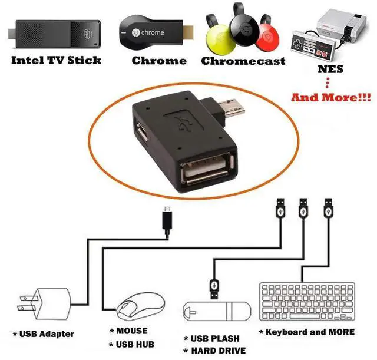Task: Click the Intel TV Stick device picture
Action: coord(56,32)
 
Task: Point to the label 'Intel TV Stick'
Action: coord(57,60)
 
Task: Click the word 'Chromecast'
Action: coord(243,61)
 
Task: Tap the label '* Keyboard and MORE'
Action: coord(307,332)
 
